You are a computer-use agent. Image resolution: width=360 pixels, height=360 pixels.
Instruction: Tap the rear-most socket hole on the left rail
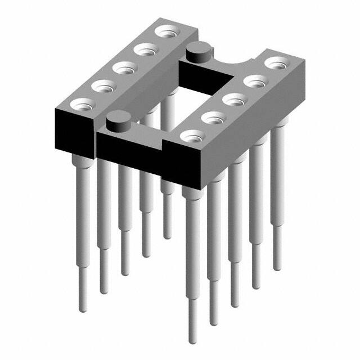[166, 31]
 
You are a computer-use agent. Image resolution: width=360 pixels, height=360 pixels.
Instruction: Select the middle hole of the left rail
[123, 68]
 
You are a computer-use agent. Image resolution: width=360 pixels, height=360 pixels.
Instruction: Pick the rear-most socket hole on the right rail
[276, 63]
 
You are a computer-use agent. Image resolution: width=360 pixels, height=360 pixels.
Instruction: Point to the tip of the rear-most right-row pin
[277, 267]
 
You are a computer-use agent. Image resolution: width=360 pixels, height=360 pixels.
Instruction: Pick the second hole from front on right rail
[213, 118]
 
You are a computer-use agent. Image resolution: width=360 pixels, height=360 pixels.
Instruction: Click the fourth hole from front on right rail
[255, 82]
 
